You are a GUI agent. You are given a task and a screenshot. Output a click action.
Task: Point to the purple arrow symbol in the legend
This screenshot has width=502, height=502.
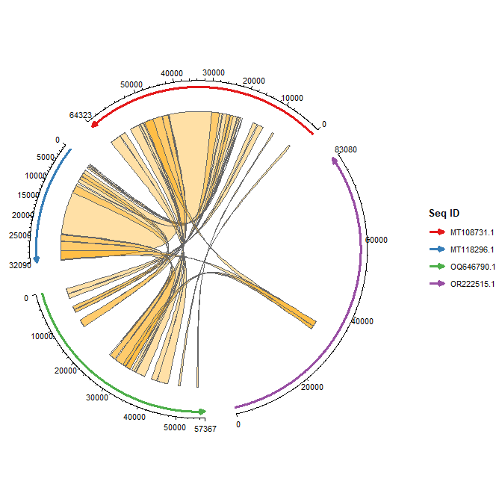[x=436, y=284]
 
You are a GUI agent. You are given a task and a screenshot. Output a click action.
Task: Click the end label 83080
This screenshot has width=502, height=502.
[x=346, y=149]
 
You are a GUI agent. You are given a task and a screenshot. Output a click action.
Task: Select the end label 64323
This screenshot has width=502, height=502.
[x=80, y=116]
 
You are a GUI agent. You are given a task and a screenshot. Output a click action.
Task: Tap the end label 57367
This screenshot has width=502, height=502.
[x=205, y=430]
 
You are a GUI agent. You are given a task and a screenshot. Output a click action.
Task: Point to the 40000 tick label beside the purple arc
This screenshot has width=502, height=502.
[x=362, y=321]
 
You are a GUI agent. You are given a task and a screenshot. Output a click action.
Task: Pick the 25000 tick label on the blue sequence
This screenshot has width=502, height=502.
[x=19, y=235]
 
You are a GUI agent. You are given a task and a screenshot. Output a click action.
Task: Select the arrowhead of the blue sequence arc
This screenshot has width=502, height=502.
[x=37, y=258]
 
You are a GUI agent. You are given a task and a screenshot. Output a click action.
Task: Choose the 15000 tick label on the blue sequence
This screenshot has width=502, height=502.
[x=28, y=195]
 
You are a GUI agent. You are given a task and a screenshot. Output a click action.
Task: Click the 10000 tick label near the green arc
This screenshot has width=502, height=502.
[x=42, y=337]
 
